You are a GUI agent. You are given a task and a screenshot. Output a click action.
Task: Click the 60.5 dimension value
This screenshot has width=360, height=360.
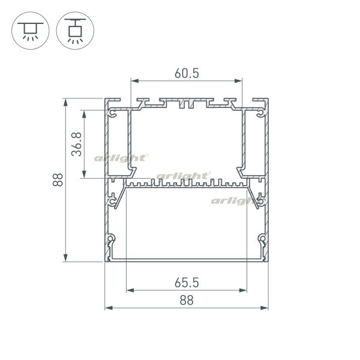187,73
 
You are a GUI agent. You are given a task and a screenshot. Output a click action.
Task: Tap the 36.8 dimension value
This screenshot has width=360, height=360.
77,144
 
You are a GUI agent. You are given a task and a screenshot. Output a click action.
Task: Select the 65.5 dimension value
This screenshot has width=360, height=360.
187,283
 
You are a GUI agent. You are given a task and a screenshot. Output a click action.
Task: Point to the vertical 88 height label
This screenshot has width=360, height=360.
58,180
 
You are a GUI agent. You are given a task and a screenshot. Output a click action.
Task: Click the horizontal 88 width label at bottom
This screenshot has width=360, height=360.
187,301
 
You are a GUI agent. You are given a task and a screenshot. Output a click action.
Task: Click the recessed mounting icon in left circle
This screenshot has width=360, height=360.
31,31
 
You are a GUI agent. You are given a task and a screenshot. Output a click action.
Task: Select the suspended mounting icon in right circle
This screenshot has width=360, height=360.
75,31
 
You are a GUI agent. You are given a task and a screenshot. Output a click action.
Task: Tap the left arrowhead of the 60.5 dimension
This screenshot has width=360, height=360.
135,81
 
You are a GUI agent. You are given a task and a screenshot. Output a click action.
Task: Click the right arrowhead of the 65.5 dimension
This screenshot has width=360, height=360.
243,290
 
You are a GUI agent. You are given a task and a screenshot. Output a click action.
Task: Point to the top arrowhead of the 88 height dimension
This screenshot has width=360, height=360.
65,103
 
